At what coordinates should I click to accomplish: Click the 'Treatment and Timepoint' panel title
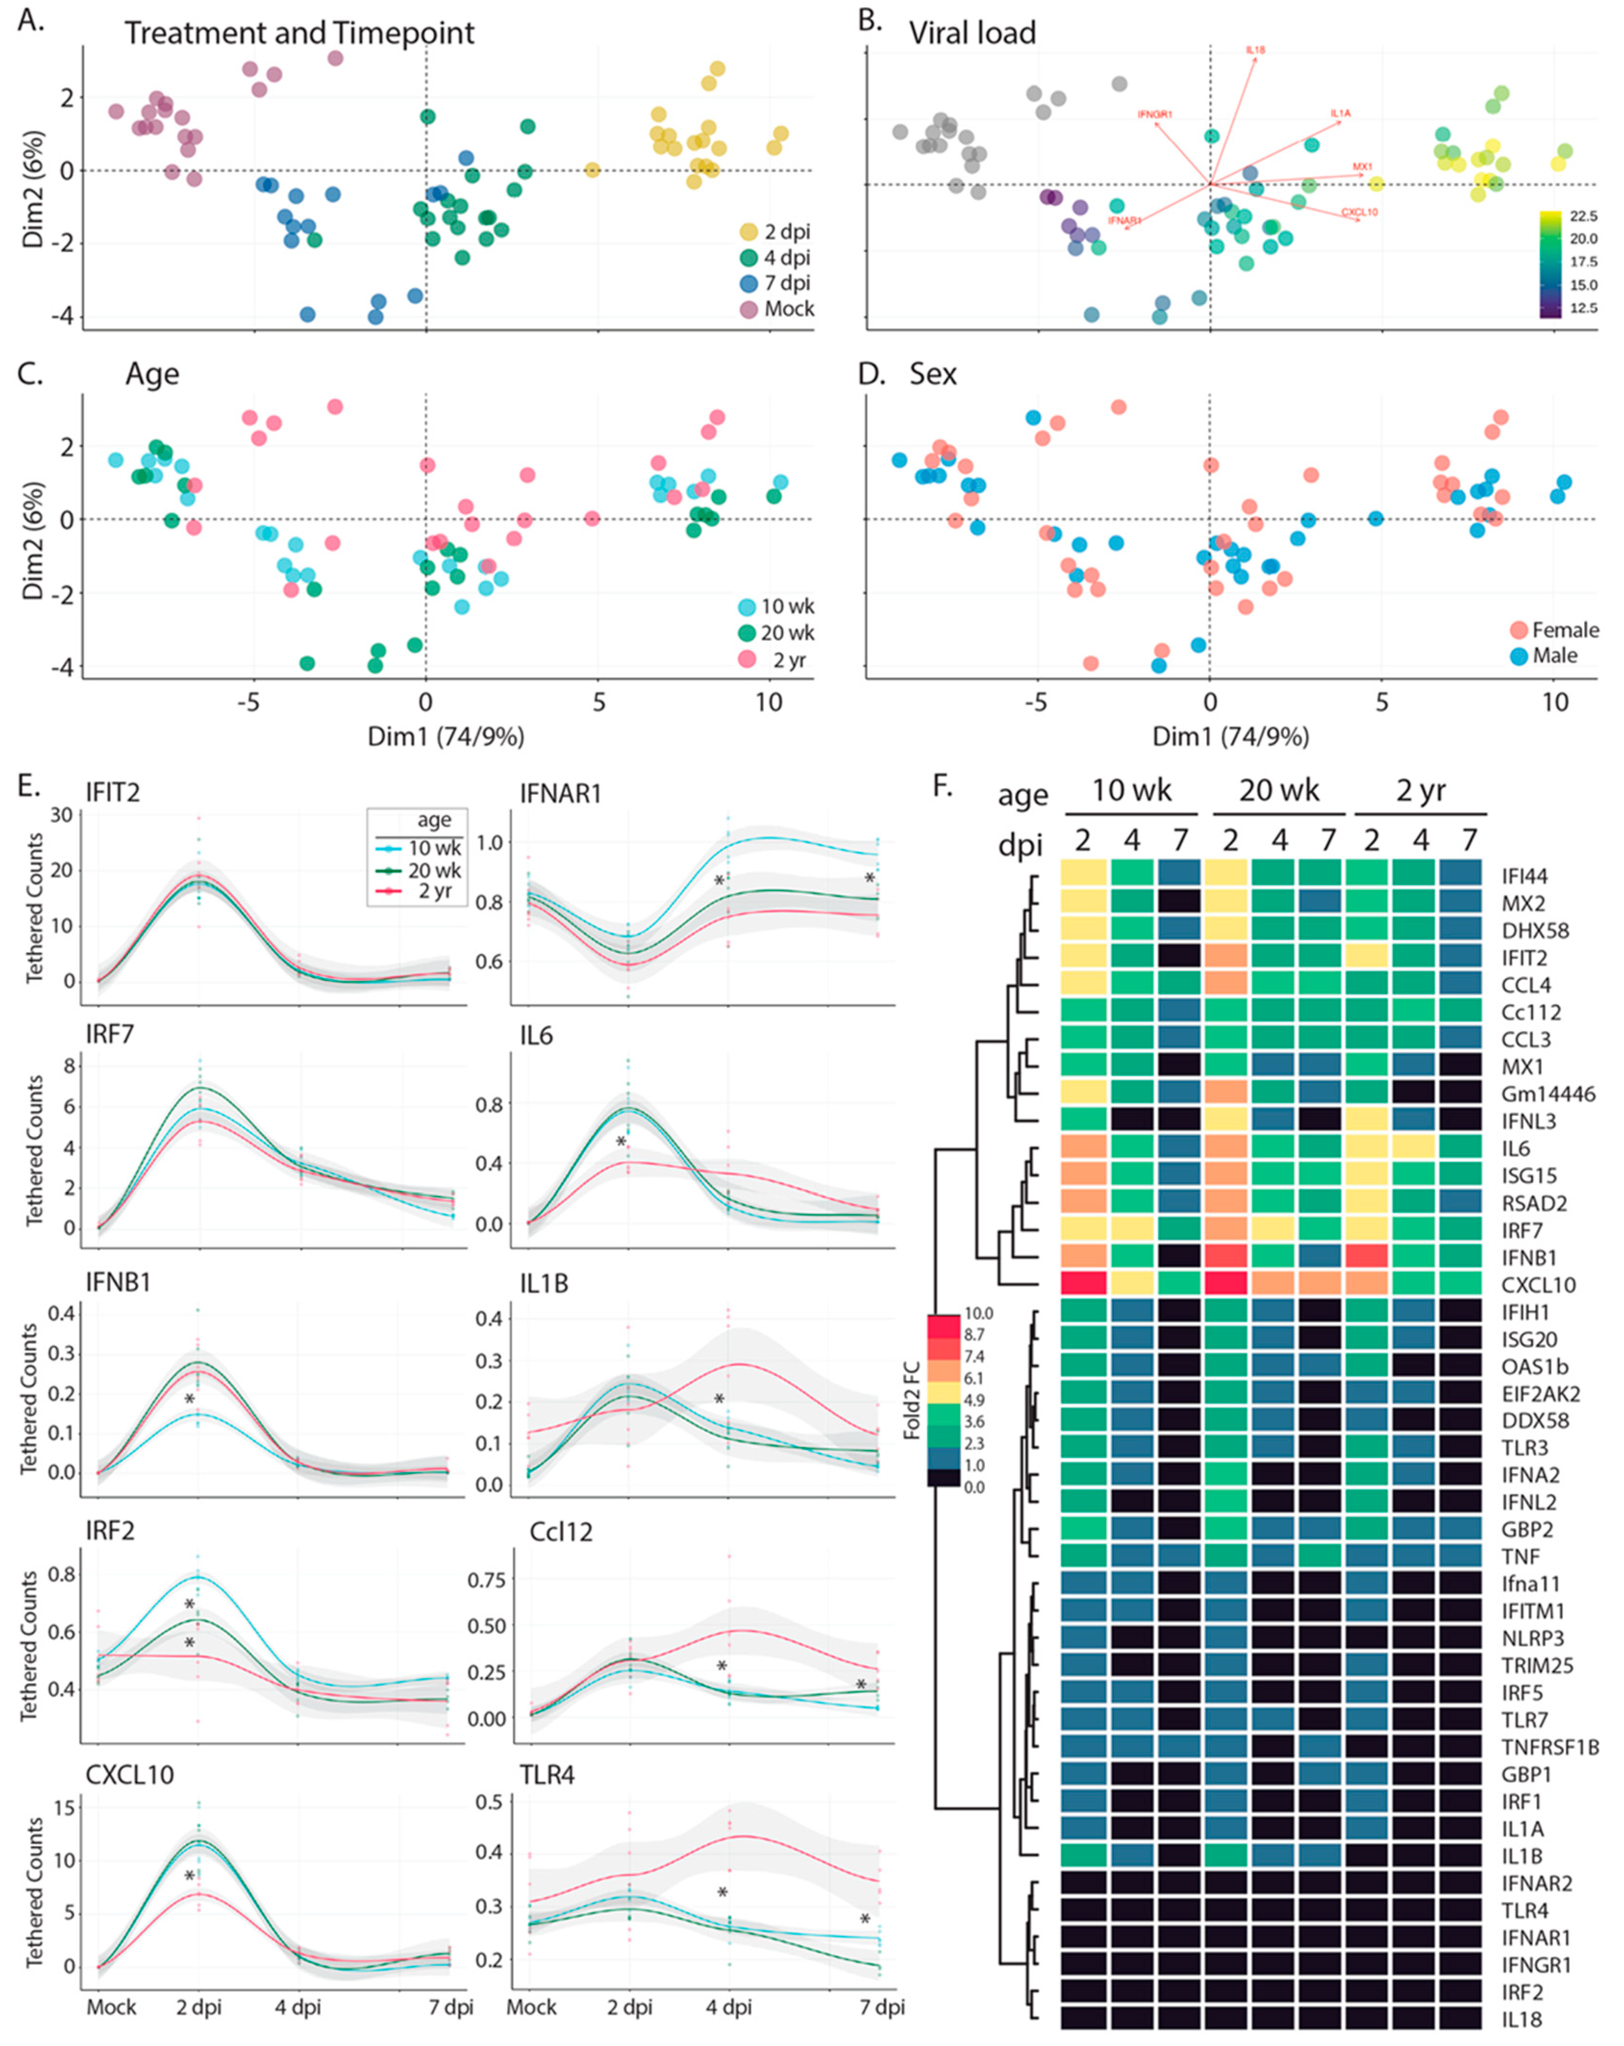pyautogui.click(x=299, y=33)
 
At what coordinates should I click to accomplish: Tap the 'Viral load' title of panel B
pyautogui.click(x=972, y=33)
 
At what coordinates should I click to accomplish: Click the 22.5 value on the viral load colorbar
pyautogui.click(x=1583, y=216)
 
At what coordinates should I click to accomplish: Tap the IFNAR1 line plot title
pyautogui.click(x=560, y=794)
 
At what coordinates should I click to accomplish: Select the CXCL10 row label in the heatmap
pyautogui.click(x=1537, y=1285)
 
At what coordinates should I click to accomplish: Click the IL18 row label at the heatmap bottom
pyautogui.click(x=1522, y=2019)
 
